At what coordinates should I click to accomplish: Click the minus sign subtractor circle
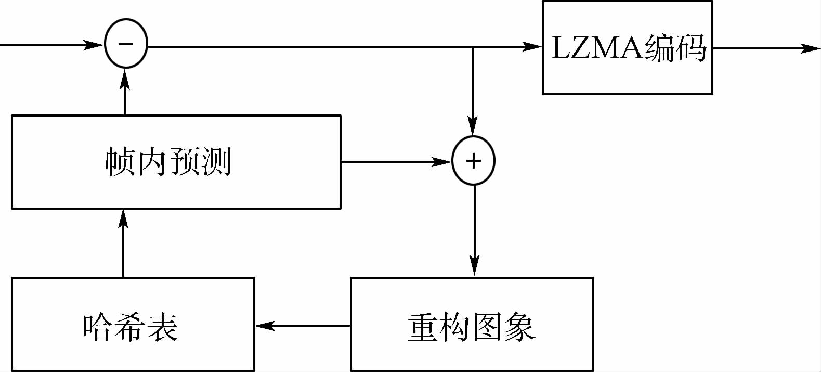(x=126, y=44)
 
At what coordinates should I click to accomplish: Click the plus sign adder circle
(x=473, y=161)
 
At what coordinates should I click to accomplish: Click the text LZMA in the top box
(x=597, y=48)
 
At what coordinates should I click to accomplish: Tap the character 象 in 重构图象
(x=519, y=327)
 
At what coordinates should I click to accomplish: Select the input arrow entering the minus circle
(x=52, y=45)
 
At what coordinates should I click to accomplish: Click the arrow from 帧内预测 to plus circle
(x=395, y=162)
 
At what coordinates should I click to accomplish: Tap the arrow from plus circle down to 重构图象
(x=474, y=229)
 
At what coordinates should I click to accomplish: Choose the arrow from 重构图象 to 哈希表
(x=302, y=326)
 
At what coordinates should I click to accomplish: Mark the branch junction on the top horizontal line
(x=472, y=47)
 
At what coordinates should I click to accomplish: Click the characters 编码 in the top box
(x=675, y=48)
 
